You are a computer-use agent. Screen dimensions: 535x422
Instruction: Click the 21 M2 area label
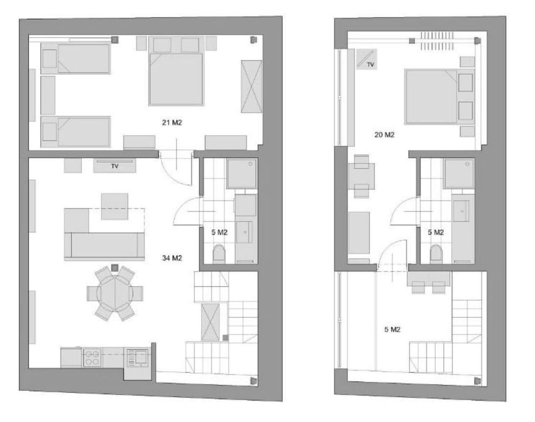[x=172, y=123]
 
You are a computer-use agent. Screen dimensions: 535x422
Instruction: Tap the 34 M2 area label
[x=172, y=258]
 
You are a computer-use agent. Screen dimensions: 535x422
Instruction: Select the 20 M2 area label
[x=385, y=135]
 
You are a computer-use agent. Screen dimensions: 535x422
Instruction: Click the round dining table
[x=115, y=293]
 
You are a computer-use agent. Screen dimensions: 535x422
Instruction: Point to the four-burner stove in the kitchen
[x=92, y=358]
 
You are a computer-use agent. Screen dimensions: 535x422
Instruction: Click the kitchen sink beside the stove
[x=137, y=358]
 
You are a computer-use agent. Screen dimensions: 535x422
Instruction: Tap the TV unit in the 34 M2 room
[x=114, y=166]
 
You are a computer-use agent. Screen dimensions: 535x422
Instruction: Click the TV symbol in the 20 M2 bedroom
[x=367, y=59]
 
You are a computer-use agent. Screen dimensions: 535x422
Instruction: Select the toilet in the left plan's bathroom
[x=219, y=254]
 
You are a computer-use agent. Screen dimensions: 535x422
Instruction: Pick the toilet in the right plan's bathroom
[x=435, y=254]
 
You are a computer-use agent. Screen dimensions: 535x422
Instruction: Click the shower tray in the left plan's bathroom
[x=242, y=174]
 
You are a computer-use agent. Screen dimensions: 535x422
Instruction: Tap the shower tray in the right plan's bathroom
[x=459, y=174]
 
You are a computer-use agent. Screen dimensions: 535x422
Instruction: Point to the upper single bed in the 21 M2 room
[x=76, y=58]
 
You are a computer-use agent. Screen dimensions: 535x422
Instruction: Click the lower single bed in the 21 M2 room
[x=76, y=132]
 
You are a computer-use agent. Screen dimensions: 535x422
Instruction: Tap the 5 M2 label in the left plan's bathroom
[x=219, y=232]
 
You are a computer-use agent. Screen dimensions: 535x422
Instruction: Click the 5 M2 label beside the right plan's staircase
[x=392, y=329]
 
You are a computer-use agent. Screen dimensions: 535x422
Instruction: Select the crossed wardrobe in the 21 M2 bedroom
[x=251, y=87]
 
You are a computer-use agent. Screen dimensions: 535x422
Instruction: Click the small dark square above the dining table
[x=115, y=267]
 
